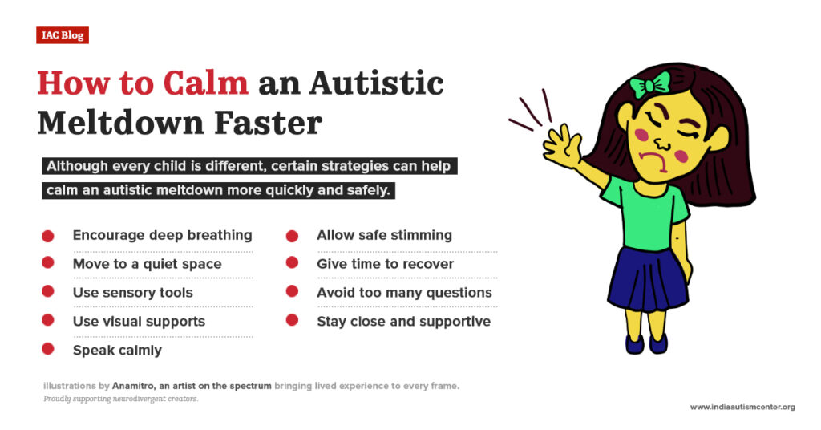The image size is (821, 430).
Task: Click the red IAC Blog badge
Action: click(62, 35)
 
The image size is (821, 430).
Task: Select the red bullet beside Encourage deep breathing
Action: click(47, 236)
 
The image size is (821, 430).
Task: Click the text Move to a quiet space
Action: click(147, 264)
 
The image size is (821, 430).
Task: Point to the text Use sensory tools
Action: click(132, 293)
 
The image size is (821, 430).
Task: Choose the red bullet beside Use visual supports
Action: click(47, 321)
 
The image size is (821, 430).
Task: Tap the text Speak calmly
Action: click(117, 350)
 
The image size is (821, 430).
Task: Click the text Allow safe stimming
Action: click(384, 236)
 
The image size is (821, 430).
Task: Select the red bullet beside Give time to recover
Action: click(292, 264)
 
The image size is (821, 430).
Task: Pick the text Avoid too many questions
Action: click(404, 293)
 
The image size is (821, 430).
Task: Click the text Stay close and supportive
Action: click(403, 322)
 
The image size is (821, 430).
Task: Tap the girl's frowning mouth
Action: click(663, 164)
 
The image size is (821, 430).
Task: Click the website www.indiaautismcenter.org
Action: click(742, 408)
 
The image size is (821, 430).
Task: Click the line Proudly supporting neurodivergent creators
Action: click(120, 399)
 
